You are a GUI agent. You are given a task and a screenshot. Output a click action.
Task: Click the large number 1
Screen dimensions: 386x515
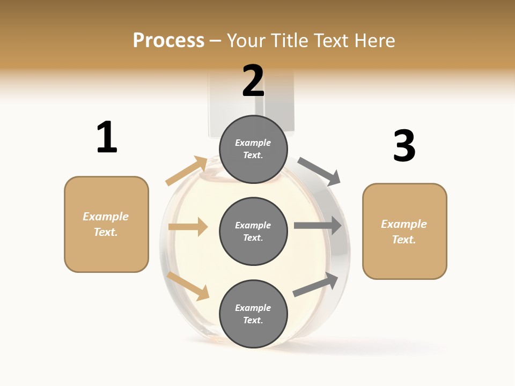[107, 137]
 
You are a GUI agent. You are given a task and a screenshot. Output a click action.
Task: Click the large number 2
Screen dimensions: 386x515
[253, 81]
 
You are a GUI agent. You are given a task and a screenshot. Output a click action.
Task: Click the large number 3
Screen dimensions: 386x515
[404, 146]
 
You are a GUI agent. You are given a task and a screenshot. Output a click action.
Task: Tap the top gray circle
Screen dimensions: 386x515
[253, 149]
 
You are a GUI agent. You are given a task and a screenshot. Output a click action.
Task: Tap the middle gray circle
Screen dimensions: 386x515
[253, 232]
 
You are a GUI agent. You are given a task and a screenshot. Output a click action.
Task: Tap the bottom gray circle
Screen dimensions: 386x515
[253, 314]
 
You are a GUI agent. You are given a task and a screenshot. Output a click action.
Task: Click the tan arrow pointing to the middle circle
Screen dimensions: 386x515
[188, 227]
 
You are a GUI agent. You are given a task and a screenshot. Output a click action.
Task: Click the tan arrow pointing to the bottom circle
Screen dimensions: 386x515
[188, 285]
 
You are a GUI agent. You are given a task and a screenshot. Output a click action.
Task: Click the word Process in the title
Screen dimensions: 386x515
[168, 40]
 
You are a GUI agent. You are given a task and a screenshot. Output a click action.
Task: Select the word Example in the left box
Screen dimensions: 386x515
[106, 217]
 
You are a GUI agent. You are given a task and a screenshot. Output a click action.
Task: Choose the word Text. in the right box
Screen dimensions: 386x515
[404, 240]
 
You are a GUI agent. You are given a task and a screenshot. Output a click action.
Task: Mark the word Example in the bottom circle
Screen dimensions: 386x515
[253, 308]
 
